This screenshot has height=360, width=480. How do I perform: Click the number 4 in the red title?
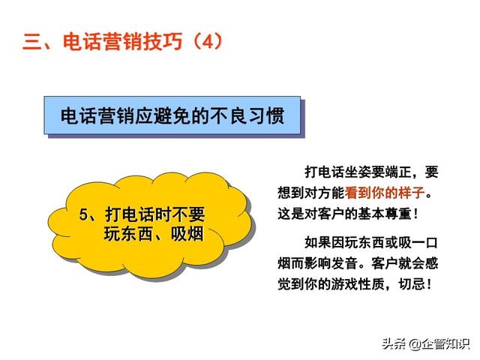pos(207,41)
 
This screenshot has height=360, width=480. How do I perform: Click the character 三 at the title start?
pos(32,42)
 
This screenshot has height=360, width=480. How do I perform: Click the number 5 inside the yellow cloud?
pos(83,214)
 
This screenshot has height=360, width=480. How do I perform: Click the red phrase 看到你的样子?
pos(385,193)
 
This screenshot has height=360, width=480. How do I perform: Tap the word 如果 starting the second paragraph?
pos(318,243)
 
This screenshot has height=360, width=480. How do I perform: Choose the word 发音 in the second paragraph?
pos(344,263)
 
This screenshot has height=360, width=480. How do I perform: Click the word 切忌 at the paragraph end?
pos(412,284)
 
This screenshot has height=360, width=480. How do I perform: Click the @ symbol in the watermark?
pos(415,344)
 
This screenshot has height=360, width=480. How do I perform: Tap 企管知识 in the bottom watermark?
pos(445,344)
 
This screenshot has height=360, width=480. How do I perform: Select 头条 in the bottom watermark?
pos(394,344)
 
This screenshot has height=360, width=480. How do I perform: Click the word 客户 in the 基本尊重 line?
pos(331,214)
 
